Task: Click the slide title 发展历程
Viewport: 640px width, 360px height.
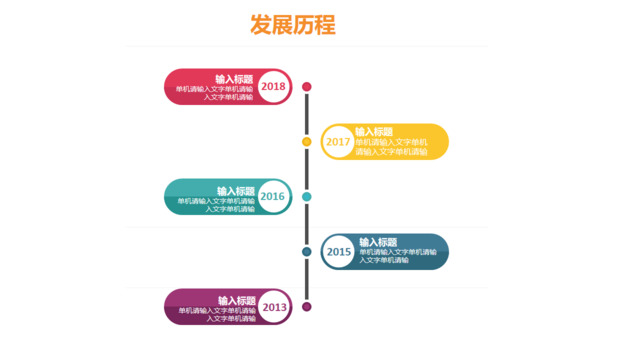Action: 293,25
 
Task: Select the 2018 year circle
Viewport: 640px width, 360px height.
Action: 273,87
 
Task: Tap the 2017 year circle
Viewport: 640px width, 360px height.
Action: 338,142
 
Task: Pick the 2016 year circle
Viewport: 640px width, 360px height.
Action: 273,197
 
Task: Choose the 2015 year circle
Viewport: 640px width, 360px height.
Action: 339,252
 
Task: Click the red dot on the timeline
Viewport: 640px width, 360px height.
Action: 307,87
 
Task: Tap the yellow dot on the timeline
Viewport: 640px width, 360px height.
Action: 307,142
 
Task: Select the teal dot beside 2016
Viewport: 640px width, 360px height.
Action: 307,197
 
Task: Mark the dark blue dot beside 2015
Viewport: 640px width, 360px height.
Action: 307,252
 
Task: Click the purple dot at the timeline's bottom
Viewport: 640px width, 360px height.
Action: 307,307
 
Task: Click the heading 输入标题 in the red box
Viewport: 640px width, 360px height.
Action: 234,79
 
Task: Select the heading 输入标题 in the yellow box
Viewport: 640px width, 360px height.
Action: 374,132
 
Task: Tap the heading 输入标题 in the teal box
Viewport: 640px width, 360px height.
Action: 236,190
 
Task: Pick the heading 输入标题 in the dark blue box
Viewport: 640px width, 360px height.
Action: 378,242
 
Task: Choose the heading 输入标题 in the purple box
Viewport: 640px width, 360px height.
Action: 237,300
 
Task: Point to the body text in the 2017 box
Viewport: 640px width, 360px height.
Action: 391,147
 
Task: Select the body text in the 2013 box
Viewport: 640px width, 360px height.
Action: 217,314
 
